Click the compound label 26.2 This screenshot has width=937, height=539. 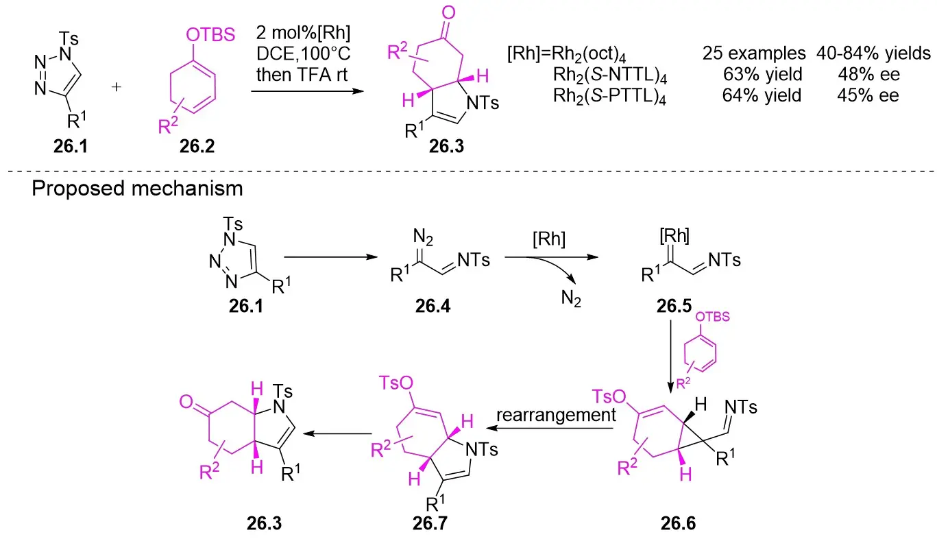click(180, 146)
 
